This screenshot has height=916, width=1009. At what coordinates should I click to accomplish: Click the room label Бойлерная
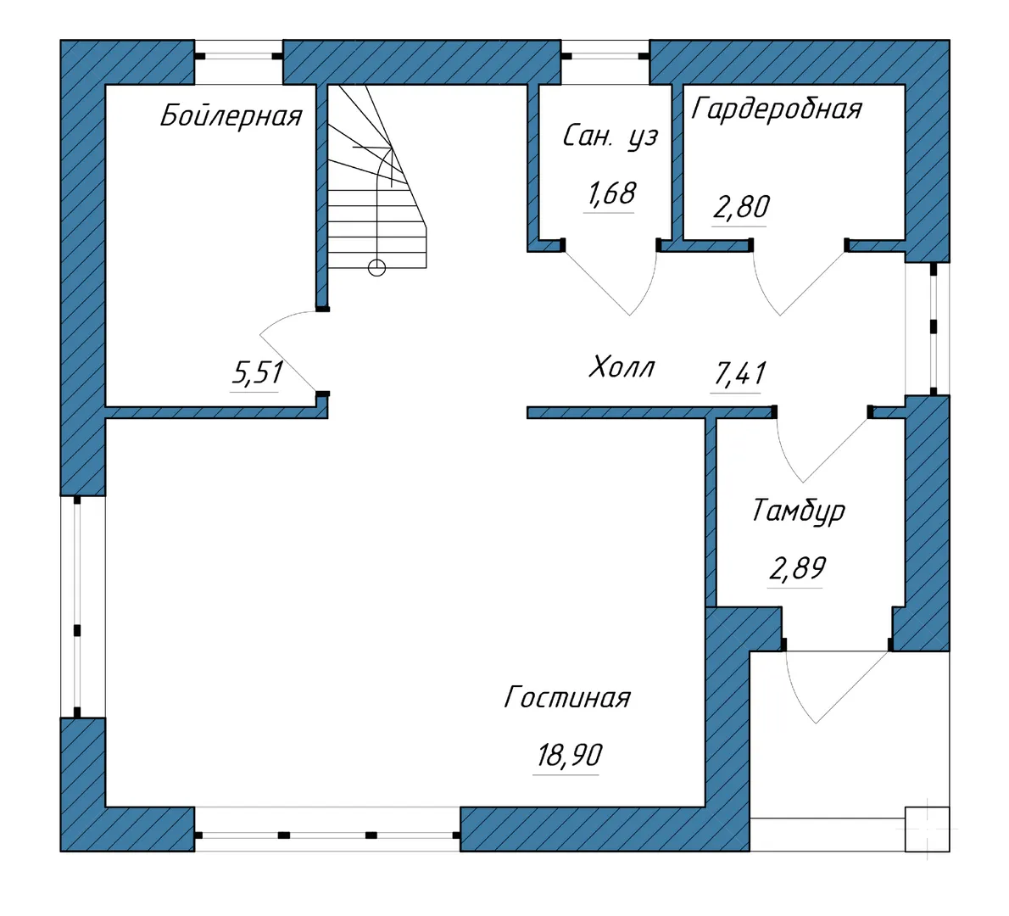click(x=231, y=116)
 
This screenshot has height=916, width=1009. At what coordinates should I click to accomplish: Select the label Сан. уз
click(x=610, y=137)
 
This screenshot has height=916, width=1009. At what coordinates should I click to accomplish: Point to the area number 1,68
click(x=610, y=193)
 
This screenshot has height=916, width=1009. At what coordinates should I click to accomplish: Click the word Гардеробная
click(x=776, y=108)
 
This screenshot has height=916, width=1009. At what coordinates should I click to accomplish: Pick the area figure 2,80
click(x=741, y=207)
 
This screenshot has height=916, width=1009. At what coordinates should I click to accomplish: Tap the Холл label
click(x=622, y=367)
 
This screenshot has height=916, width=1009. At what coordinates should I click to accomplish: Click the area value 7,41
click(x=740, y=373)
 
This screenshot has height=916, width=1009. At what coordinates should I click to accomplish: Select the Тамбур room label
click(x=798, y=511)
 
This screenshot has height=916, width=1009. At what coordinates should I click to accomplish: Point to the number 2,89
click(x=798, y=568)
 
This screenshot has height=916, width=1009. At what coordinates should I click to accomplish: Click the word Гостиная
click(x=567, y=697)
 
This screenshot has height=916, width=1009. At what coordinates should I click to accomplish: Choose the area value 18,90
click(x=570, y=755)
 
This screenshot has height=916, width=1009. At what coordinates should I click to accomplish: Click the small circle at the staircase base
click(x=376, y=267)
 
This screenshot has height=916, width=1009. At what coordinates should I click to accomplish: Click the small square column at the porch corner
click(x=928, y=829)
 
